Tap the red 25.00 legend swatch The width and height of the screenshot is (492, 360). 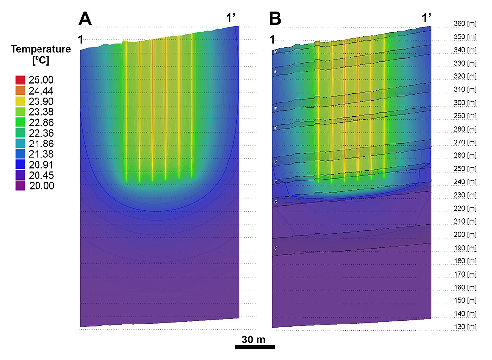tap(21, 80)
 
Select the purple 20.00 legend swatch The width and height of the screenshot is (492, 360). tap(21, 186)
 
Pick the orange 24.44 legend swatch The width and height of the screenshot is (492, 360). tap(21, 91)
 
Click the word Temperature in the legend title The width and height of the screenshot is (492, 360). tap(41, 49)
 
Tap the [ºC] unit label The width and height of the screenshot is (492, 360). tap(41, 61)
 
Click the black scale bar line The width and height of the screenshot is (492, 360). tap(255, 347)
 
